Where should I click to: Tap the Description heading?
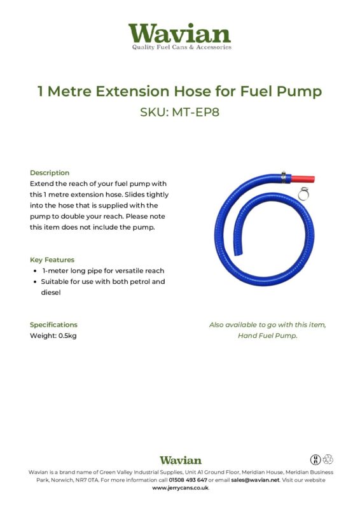(50, 172)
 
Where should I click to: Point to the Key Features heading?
(52, 260)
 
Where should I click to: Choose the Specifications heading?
(53, 324)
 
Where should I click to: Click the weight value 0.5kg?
(67, 335)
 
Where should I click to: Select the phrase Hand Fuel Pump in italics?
(267, 335)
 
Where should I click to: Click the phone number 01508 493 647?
(188, 480)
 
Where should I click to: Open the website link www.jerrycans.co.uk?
(180, 488)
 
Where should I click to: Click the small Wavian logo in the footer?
(180, 460)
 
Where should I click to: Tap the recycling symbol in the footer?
(328, 459)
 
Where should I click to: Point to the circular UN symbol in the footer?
(315, 459)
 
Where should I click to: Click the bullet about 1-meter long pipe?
(102, 270)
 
